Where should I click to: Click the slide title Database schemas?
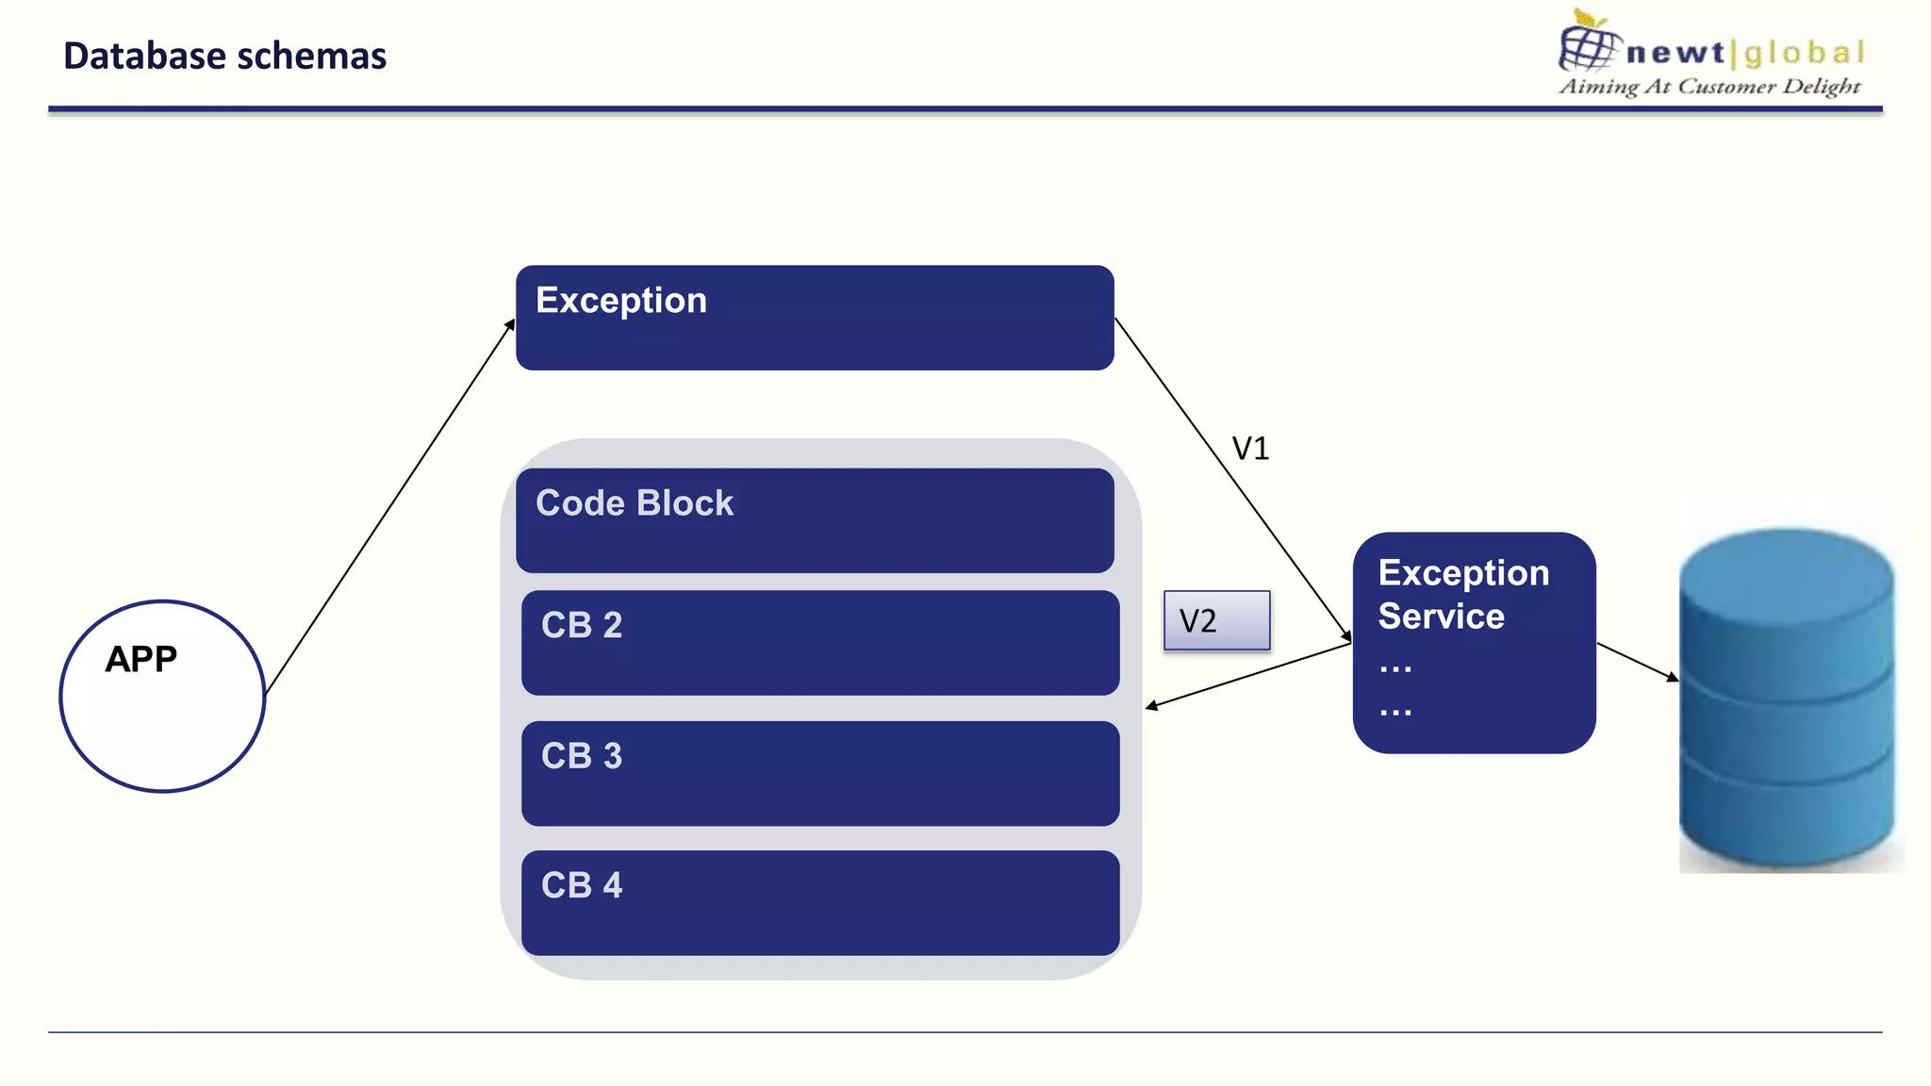(224, 57)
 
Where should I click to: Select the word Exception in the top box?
(620, 301)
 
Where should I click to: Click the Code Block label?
(634, 503)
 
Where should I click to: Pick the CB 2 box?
(819, 643)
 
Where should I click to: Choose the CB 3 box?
(819, 773)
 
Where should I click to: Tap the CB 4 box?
(819, 902)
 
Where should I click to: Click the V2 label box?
(1216, 620)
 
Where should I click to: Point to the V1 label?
(1250, 449)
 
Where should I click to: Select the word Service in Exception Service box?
(1441, 617)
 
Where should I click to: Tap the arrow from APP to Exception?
(390, 507)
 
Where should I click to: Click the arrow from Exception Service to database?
(1637, 662)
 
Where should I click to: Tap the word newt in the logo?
(1675, 53)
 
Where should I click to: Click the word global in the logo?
(1805, 53)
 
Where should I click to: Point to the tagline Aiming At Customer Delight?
(1708, 87)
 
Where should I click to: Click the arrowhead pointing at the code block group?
(1151, 706)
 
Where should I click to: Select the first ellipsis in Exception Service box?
(1395, 668)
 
